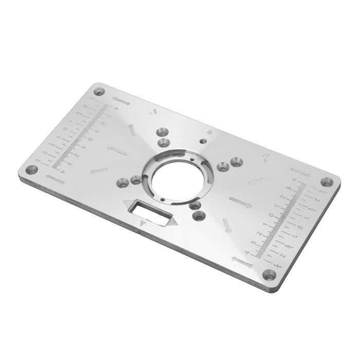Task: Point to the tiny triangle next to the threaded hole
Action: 209,132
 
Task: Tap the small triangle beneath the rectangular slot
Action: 143,223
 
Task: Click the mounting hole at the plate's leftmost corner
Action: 31,170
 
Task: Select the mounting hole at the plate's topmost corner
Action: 99,92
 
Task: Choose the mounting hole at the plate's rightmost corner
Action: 327,182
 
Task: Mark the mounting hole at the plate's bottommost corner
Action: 269,275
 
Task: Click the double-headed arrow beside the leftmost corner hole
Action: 55,179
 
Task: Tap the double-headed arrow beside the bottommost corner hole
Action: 242,262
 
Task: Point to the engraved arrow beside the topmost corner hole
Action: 120,101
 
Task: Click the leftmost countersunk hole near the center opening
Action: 123,182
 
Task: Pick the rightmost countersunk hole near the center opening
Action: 236,163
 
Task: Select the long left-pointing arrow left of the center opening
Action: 118,150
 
